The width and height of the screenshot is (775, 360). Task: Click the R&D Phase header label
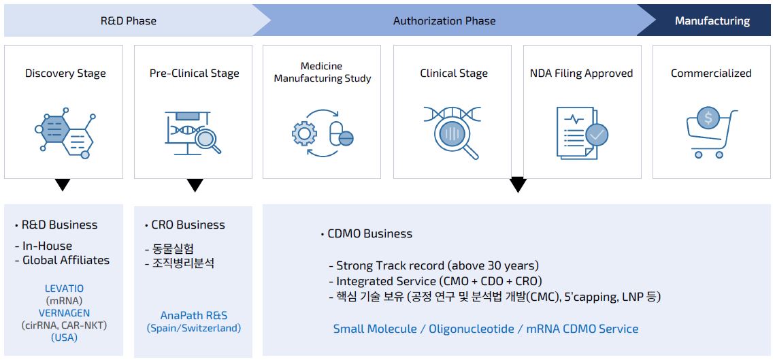tap(128, 20)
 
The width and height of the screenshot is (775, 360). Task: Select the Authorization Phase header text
tap(444, 20)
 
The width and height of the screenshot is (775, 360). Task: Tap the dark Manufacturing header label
tap(712, 20)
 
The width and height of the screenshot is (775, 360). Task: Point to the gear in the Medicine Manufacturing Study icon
tap(304, 133)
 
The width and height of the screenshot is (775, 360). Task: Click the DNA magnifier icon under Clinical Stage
tap(452, 133)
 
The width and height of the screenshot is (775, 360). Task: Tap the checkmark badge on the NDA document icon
tap(596, 135)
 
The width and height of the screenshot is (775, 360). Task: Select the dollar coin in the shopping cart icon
tap(708, 119)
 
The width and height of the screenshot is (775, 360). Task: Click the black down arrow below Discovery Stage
tap(63, 184)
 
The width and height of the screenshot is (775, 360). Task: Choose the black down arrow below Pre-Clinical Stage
tap(195, 185)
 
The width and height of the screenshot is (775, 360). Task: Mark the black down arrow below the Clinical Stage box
tap(518, 184)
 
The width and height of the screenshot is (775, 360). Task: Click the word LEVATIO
tap(64, 289)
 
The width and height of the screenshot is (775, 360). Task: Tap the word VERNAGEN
tap(64, 313)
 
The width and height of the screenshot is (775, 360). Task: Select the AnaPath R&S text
tap(194, 315)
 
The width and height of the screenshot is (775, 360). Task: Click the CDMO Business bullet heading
tap(369, 233)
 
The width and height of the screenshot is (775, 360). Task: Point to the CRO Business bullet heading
tap(187, 225)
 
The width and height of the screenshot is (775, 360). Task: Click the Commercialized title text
tap(711, 73)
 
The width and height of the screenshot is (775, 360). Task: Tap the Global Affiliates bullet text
tap(66, 260)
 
